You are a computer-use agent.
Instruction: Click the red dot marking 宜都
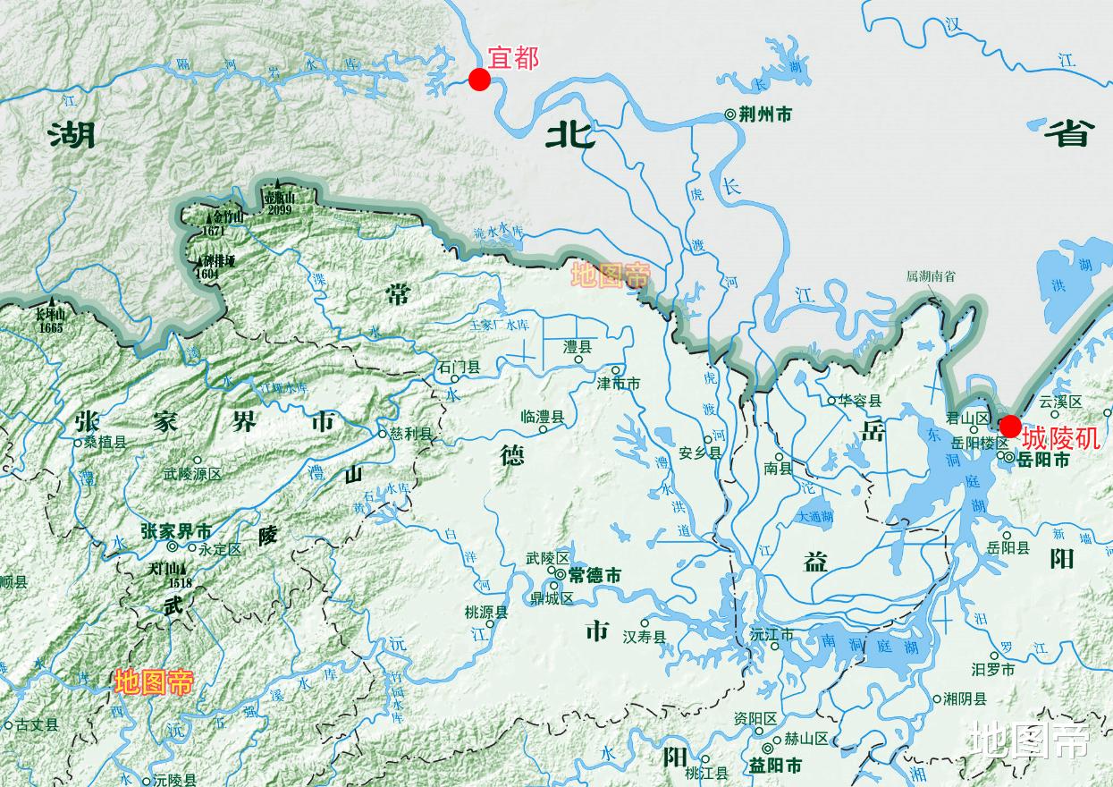coord(480,80)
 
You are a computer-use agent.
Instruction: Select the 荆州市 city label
coord(765,114)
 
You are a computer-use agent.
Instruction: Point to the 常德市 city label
coord(594,575)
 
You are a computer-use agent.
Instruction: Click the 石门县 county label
coord(460,368)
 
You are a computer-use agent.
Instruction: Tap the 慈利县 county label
coord(410,434)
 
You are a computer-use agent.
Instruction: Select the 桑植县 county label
coord(105,442)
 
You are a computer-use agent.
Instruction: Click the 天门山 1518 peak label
coord(170,575)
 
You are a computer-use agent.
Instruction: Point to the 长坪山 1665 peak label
coord(51,321)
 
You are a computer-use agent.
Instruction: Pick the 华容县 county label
coord(859,401)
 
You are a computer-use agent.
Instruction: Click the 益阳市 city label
coord(775,766)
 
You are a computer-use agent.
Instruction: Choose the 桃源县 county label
coord(486,613)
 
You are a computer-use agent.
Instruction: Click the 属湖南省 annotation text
coord(931,276)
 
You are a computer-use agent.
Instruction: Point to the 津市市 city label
coord(619,384)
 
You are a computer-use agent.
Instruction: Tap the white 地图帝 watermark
coord(1030,741)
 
